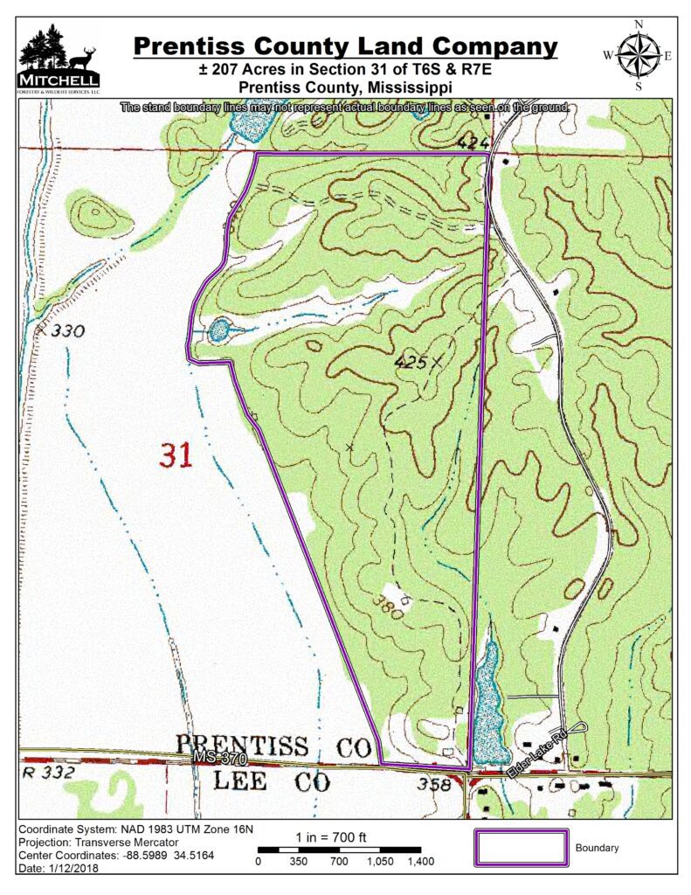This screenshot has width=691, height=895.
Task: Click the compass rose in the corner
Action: click(639, 55)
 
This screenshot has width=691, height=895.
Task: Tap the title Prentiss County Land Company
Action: click(345, 45)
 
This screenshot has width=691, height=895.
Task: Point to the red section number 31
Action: click(177, 454)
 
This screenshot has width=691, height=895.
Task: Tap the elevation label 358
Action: click(436, 784)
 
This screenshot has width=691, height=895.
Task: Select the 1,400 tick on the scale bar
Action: click(420, 861)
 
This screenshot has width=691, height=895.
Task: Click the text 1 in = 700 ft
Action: click(331, 837)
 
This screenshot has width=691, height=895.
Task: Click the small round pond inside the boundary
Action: click(218, 330)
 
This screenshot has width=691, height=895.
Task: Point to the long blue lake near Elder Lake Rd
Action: click(486, 699)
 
